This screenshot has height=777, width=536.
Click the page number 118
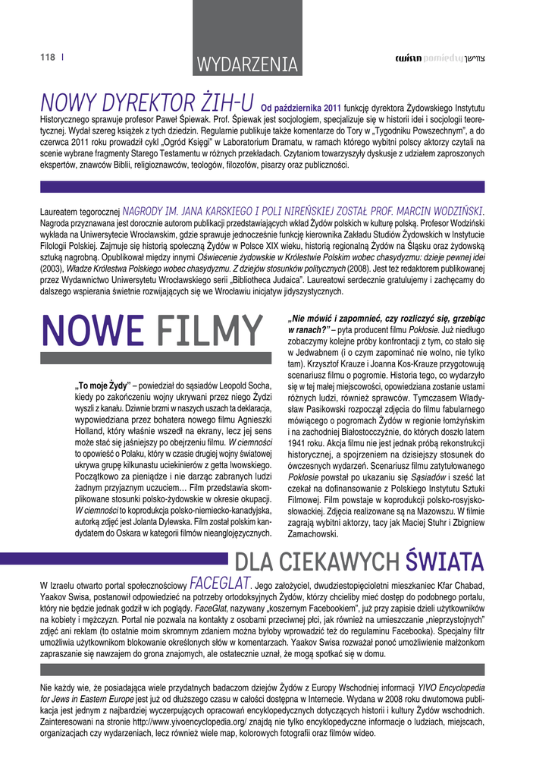pos(47,57)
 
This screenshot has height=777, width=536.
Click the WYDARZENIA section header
pos(246,64)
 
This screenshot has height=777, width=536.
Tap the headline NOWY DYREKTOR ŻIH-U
pos(146,102)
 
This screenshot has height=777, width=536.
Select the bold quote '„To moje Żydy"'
pos(103,384)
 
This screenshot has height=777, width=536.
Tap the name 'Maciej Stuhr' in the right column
pos(419,523)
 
